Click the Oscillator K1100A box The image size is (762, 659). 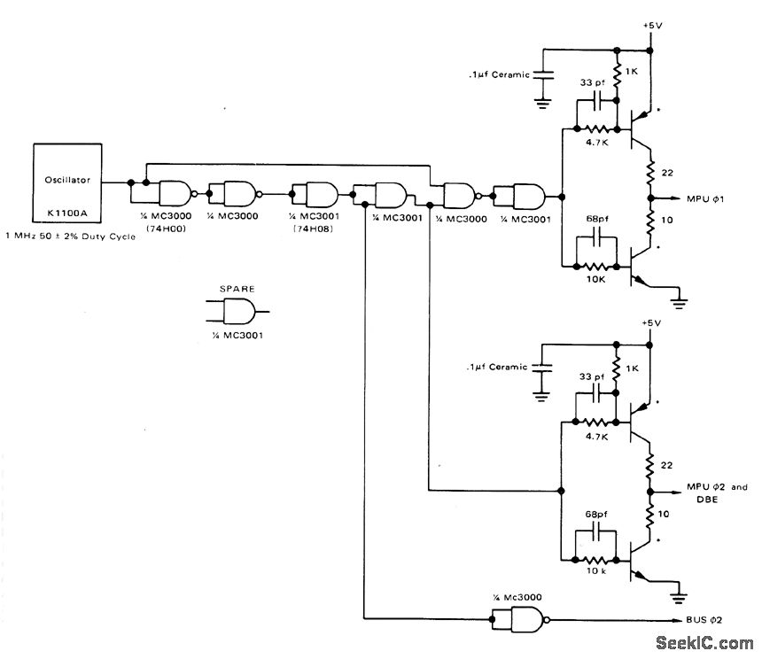67,183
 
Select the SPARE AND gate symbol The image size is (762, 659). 239,311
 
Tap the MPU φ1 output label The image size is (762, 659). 705,198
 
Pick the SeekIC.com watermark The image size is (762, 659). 704,643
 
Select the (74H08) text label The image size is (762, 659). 313,229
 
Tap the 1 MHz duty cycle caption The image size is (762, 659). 71,236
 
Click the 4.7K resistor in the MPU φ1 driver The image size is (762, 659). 596,129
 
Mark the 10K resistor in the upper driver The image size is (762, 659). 596,267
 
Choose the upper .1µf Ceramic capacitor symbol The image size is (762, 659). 543,74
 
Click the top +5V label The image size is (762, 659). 651,26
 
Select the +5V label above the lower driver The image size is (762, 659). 651,322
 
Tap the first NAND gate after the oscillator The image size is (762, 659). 176,194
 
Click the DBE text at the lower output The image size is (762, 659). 707,500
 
